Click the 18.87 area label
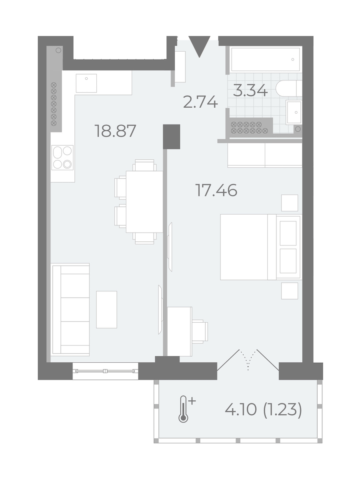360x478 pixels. coord(115,131)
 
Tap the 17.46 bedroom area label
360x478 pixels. coord(216,191)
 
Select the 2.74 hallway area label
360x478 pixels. coord(200,102)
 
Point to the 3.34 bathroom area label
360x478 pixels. coord(250,91)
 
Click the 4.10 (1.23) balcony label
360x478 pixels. coord(264,410)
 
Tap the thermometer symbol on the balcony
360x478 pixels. coord(183,408)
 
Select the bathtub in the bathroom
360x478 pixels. coord(265,59)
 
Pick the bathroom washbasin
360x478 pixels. coord(294,112)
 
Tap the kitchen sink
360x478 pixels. coord(86,83)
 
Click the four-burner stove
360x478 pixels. coord(63,157)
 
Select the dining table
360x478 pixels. coord(144,201)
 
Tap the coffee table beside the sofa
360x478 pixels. coord(106,309)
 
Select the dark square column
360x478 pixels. coord(172,137)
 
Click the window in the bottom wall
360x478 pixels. coord(105,371)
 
